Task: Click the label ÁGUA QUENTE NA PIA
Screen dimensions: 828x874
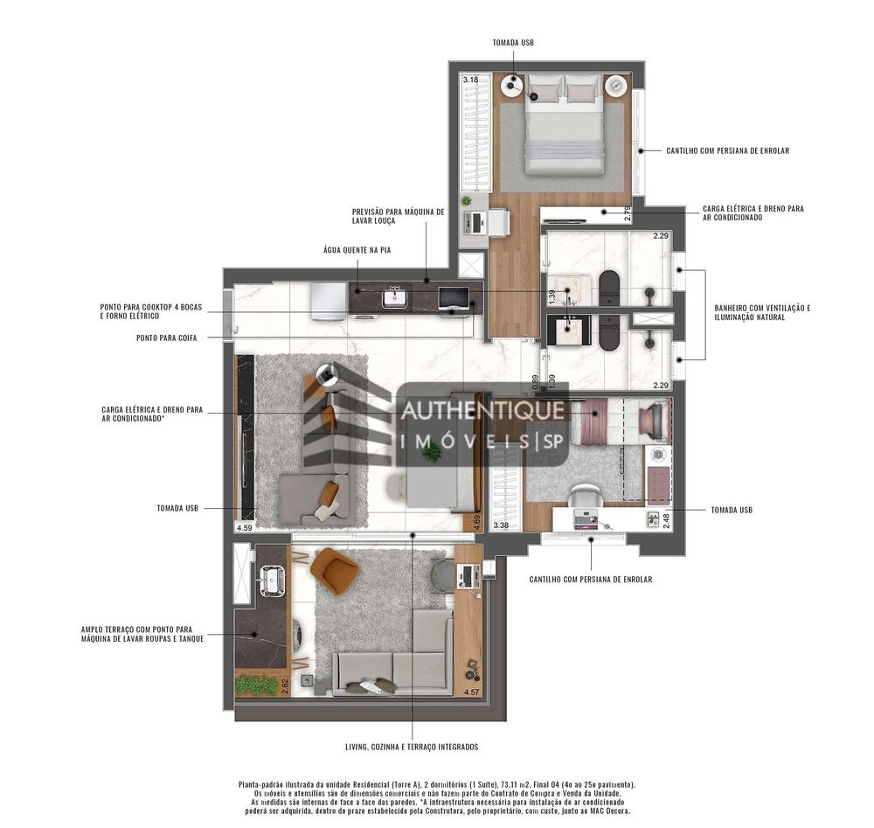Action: tap(356, 250)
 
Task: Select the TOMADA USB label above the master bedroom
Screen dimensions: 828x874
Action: tap(513, 42)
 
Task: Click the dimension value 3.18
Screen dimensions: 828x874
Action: tap(470, 80)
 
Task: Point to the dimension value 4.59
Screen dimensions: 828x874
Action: tap(245, 528)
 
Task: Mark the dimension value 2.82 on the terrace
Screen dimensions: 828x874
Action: tap(285, 685)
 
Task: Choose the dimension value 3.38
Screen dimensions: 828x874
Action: tap(501, 525)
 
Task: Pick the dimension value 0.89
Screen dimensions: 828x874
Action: tap(536, 381)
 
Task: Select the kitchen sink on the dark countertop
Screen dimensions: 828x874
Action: tap(394, 298)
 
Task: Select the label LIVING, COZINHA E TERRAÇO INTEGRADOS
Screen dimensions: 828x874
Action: tap(411, 747)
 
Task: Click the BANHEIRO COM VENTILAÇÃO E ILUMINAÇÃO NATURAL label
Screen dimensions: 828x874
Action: tap(762, 312)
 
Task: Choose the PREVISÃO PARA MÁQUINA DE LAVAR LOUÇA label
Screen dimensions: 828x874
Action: tap(398, 217)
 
